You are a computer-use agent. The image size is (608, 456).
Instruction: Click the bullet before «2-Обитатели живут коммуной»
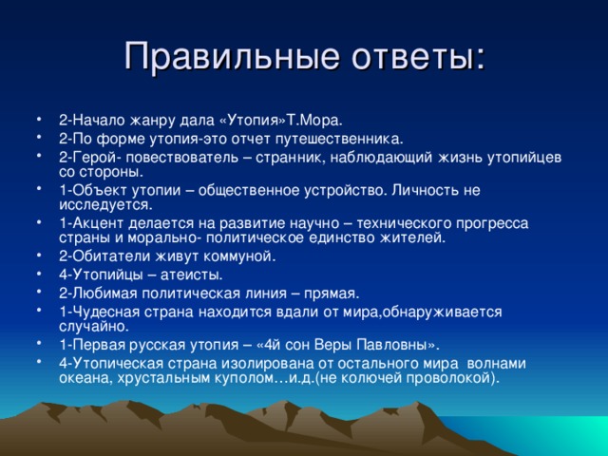pyautogui.click(x=45, y=256)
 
